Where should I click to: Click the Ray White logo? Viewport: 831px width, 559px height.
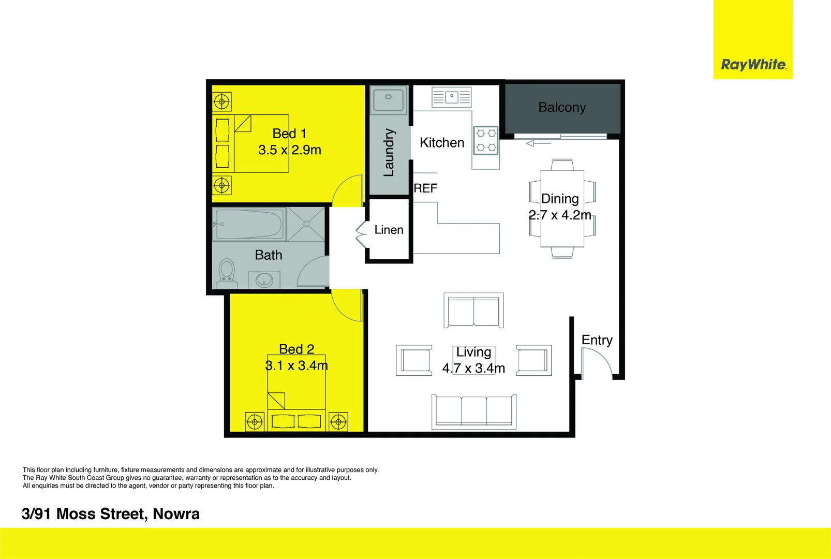click(x=753, y=65)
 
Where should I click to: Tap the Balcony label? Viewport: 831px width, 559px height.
click(x=562, y=108)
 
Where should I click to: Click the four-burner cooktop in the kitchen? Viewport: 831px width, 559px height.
click(x=486, y=140)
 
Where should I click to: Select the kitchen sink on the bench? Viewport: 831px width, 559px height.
click(x=451, y=97)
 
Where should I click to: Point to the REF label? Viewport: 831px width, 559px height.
click(x=425, y=188)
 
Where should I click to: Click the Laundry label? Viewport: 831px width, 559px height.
click(x=389, y=153)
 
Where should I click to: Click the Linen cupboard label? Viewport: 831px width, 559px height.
click(x=389, y=230)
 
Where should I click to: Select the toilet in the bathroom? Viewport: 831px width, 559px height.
click(x=226, y=274)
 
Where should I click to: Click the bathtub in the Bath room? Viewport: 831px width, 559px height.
click(x=249, y=224)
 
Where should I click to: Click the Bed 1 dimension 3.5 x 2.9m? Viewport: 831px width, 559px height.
click(x=290, y=150)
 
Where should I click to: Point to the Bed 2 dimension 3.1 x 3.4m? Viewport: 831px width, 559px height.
click(x=296, y=365)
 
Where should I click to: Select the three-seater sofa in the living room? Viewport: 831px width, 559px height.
click(x=474, y=411)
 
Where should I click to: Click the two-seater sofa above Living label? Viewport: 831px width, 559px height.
click(x=473, y=311)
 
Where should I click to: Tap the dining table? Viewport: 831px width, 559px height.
click(x=562, y=209)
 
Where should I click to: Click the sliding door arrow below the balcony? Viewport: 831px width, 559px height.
click(x=538, y=143)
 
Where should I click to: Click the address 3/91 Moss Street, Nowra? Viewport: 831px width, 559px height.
click(x=111, y=514)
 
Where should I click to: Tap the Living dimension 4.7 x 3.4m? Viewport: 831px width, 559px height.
click(x=473, y=368)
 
